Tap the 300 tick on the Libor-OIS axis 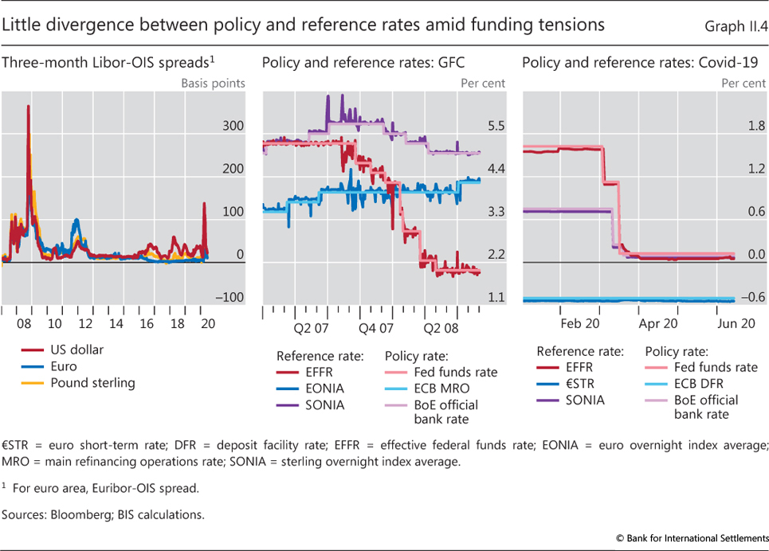(x=233, y=126)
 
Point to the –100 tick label (x=230, y=298)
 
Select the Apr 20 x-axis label (x=659, y=324)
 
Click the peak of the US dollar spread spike (x=29, y=107)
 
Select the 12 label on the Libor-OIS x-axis (x=85, y=324)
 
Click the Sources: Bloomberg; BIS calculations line (x=103, y=514)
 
